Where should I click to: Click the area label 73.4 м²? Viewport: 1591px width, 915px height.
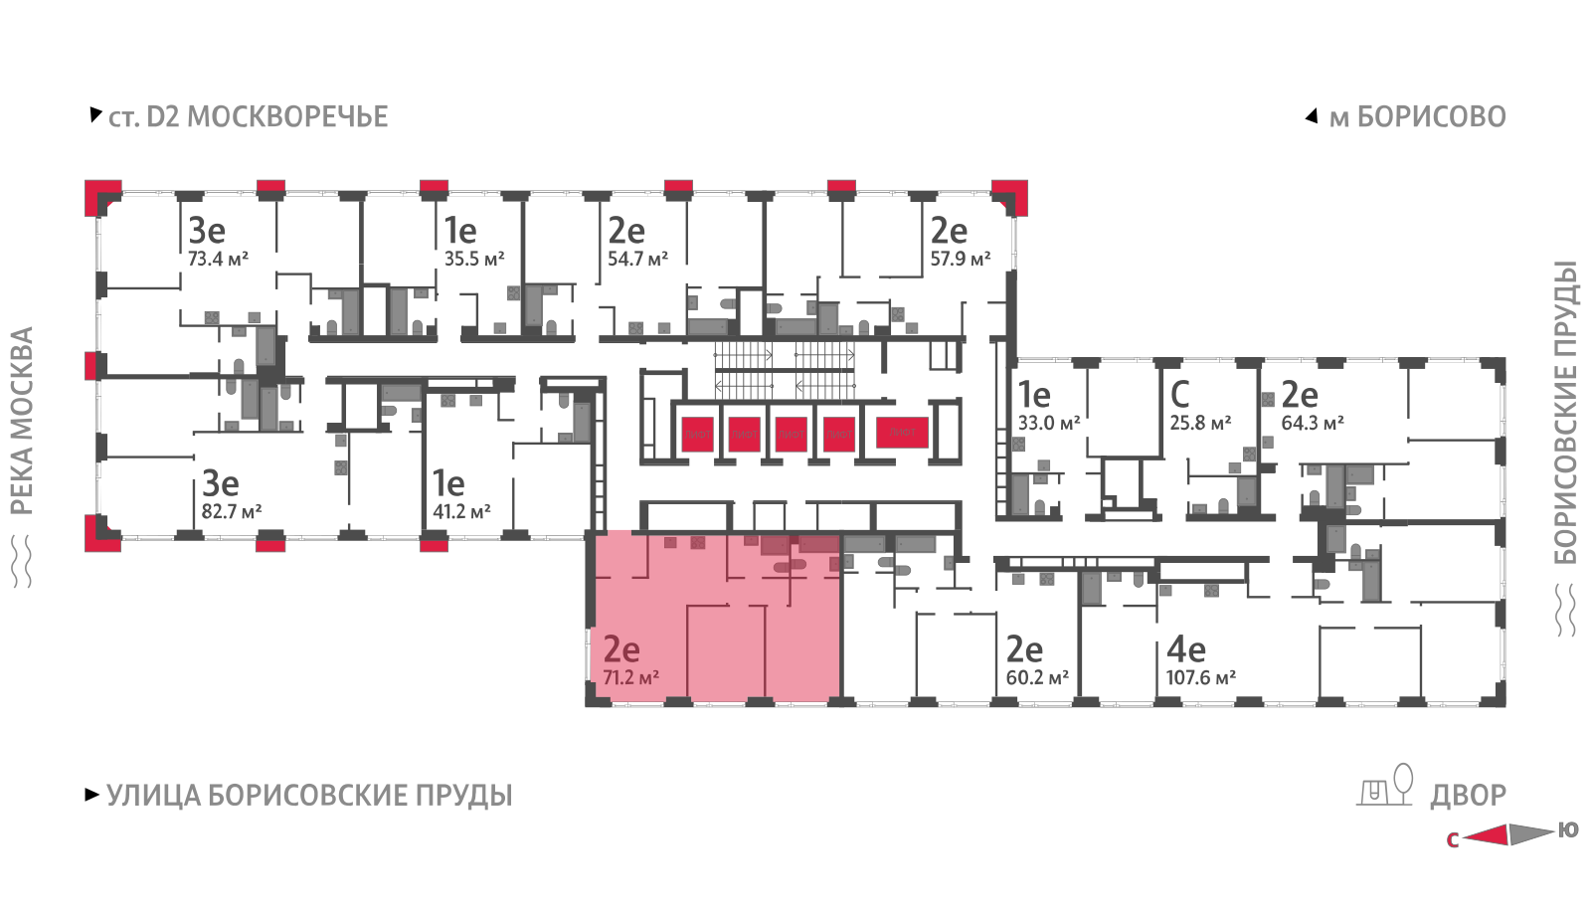(x=218, y=260)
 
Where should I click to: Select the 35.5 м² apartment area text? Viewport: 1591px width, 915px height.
(x=473, y=260)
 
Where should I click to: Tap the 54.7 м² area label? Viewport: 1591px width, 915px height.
(x=637, y=260)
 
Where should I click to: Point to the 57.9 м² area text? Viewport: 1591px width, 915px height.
(x=960, y=260)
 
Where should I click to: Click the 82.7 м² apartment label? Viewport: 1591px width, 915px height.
(x=231, y=512)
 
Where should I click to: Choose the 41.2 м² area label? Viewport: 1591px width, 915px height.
(x=461, y=512)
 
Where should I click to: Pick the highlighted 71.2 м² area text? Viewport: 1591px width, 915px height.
(x=630, y=678)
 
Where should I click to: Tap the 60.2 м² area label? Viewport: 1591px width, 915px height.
(x=1037, y=678)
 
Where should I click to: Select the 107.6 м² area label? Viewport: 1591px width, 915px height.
(x=1200, y=678)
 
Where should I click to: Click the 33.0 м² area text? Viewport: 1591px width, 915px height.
(x=1048, y=424)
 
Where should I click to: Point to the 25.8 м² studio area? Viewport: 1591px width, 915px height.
(x=1200, y=424)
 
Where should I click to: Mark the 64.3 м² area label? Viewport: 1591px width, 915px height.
(x=1313, y=424)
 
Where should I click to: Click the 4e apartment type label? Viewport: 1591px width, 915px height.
(x=1185, y=649)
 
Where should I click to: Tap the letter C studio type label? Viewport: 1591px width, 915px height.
(x=1179, y=395)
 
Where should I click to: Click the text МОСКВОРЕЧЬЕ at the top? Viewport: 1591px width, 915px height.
(x=287, y=117)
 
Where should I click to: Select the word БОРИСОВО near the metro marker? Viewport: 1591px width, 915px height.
(x=1431, y=117)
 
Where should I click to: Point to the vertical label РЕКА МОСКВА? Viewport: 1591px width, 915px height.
(x=22, y=420)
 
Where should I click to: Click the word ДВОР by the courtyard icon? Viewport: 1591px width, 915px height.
(x=1468, y=796)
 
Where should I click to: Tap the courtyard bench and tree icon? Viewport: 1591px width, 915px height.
(x=1385, y=786)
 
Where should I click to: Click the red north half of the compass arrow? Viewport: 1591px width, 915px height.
(x=1488, y=835)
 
